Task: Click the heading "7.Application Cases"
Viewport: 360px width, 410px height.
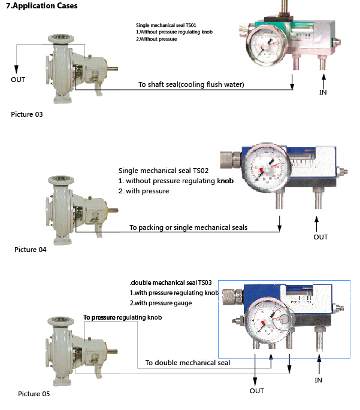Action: [41, 6]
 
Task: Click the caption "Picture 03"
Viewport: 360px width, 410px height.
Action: [27, 113]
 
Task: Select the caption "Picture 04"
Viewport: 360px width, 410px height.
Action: [30, 249]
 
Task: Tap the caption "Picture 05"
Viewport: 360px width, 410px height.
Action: [34, 393]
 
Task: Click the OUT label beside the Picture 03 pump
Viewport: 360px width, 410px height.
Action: [19, 79]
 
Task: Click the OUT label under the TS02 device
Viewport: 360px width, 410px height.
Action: [321, 237]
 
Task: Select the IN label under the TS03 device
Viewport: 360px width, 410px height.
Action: [319, 380]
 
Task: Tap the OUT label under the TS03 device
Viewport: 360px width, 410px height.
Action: [256, 391]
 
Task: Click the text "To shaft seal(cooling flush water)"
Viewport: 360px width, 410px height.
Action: [191, 84]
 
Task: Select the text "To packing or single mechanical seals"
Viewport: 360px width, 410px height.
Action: [189, 227]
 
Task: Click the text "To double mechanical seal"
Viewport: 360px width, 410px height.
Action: [187, 363]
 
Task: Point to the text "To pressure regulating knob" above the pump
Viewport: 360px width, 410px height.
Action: [122, 317]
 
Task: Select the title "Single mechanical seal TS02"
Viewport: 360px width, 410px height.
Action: [163, 171]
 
